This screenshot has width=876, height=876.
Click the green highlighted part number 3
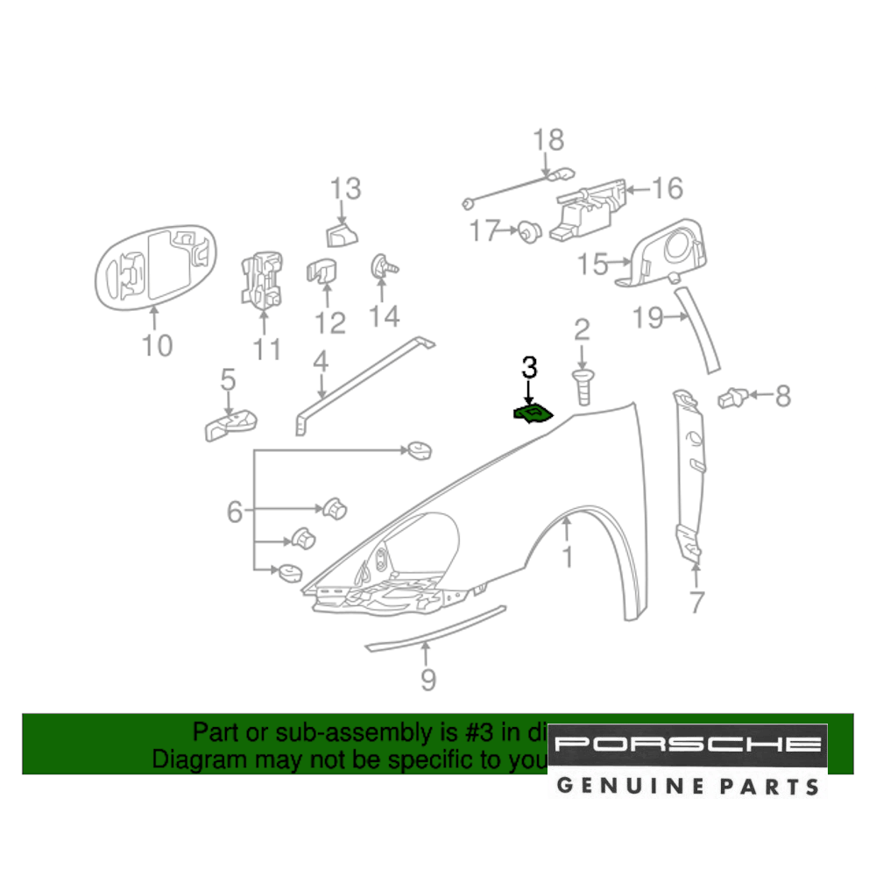[x=532, y=413]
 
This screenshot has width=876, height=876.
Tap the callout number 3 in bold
[x=529, y=367]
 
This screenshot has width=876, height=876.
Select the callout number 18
[x=549, y=140]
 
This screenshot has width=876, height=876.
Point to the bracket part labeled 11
[x=262, y=279]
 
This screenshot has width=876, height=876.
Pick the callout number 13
[x=345, y=188]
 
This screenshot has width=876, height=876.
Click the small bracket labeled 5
[x=231, y=427]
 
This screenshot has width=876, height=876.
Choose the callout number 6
[x=234, y=511]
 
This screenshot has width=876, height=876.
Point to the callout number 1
[x=567, y=555]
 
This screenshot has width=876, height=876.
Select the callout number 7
[x=696, y=602]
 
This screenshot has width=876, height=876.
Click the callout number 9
[x=427, y=679]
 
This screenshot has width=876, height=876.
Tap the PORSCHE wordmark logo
[x=688, y=745]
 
